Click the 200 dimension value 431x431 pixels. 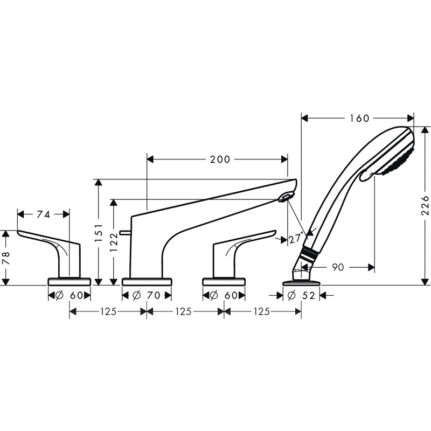pos(220,159)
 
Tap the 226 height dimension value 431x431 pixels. pos(425,205)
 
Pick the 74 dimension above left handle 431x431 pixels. pos(44,214)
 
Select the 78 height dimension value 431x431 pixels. pos(6,258)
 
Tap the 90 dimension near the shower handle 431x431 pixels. pos(338,267)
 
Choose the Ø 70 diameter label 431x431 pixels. pos(147,295)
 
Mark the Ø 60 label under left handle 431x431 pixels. pos(69,295)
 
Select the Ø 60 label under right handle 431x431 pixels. pos(224,295)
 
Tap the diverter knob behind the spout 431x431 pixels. pos(126,232)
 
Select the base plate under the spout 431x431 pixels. pos(147,281)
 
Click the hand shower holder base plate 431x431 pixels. pos(301,281)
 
